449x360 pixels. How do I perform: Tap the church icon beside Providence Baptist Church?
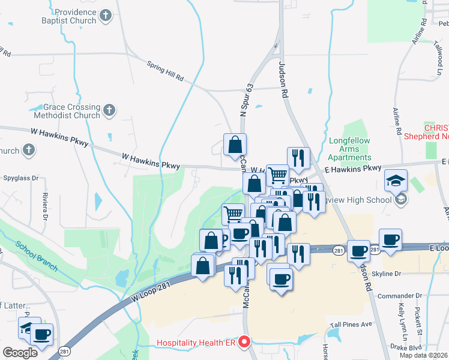click(106, 16)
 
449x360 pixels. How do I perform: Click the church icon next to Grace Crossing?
click(109, 110)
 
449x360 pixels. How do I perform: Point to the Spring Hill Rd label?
click(165, 71)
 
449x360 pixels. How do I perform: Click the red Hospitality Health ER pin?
click(244, 342)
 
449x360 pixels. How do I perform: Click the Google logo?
click(20, 353)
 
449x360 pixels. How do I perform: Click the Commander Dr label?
click(395, 296)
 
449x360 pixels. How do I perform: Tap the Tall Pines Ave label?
click(358, 324)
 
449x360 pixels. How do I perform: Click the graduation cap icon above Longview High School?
click(396, 181)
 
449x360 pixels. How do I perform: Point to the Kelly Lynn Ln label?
click(401, 317)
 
